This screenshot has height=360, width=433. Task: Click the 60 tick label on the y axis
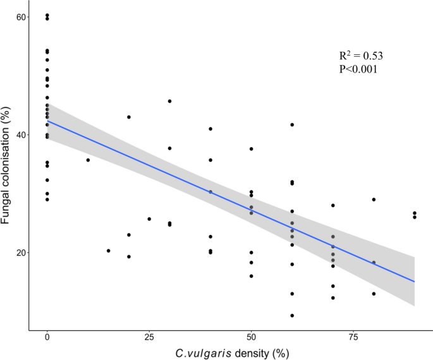pyautogui.click(x=20, y=16)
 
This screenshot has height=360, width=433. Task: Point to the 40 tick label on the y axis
pyautogui.click(x=20, y=135)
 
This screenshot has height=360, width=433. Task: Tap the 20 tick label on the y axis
pyautogui.click(x=20, y=253)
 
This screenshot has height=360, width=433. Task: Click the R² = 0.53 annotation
pyautogui.click(x=361, y=56)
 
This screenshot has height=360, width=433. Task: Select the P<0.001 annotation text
pyautogui.click(x=358, y=69)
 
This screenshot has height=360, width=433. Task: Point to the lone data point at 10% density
pyautogui.click(x=88, y=160)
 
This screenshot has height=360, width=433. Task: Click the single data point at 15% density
pyautogui.click(x=108, y=251)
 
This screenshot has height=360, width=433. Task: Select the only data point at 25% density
pyautogui.click(x=149, y=219)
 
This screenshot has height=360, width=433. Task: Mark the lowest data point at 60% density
pyautogui.click(x=292, y=315)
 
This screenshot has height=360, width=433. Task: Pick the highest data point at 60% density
pyautogui.click(x=292, y=124)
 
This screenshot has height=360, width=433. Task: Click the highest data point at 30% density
pyautogui.click(x=169, y=101)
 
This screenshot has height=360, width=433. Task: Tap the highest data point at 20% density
pyautogui.click(x=129, y=117)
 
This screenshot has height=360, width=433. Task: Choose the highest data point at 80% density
pyautogui.click(x=374, y=200)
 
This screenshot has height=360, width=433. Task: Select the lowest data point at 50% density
pyautogui.click(x=251, y=276)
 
